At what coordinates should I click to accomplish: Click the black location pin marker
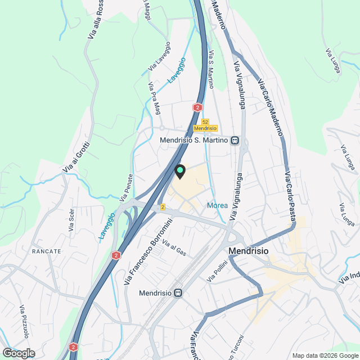(180, 170)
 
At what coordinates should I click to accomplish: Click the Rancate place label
(47, 251)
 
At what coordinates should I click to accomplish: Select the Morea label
(217, 205)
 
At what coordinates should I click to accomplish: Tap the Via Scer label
(71, 220)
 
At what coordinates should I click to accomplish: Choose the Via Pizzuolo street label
(25, 322)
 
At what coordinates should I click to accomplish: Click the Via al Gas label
(174, 247)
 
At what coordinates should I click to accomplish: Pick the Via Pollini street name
(217, 271)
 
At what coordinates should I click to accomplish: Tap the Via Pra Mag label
(154, 97)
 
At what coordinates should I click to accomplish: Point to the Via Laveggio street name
(159, 56)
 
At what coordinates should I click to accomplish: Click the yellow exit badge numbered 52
(205, 121)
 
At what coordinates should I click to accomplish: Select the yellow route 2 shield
(163, 207)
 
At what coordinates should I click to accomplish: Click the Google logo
(18, 353)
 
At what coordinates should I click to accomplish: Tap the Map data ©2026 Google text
(325, 355)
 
